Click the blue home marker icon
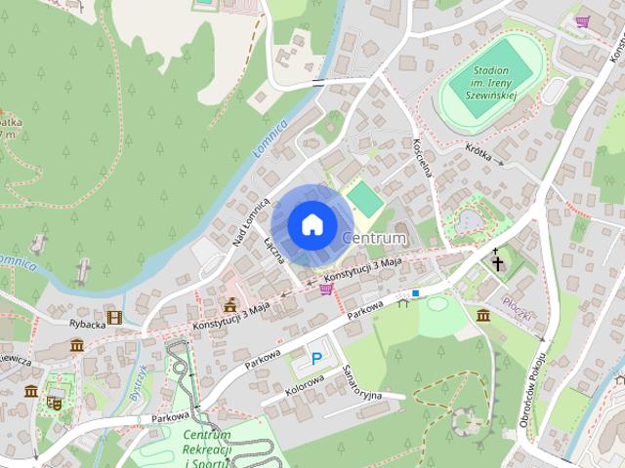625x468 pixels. tap(311, 224)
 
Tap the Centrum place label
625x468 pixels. tap(374, 238)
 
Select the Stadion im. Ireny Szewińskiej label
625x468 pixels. tap(493, 85)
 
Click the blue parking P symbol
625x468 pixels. tap(316, 359)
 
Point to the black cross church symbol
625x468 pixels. tap(497, 261)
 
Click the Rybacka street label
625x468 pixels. tap(86, 324)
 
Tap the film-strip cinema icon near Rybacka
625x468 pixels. tap(115, 317)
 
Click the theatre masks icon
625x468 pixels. tap(54, 401)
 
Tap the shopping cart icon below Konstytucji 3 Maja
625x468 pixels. tap(325, 289)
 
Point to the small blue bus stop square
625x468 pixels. tap(415, 292)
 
